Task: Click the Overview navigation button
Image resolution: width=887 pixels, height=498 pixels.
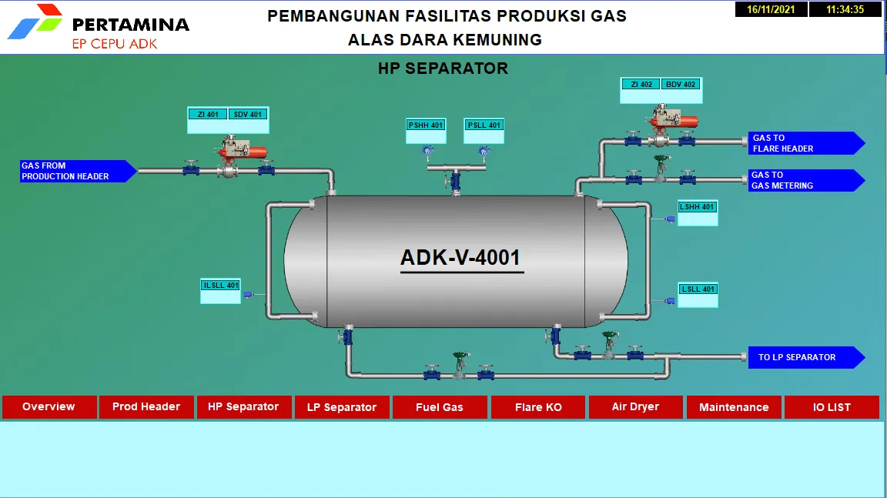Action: pyautogui.click(x=49, y=407)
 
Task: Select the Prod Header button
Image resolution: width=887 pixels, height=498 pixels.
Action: pyautogui.click(x=146, y=407)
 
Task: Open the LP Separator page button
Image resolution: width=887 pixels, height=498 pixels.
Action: pyautogui.click(x=342, y=407)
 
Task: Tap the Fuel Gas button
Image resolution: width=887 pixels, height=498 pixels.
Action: pyautogui.click(x=440, y=407)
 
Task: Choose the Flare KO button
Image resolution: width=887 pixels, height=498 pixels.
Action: pyautogui.click(x=538, y=407)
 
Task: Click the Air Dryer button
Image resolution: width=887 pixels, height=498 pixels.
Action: pyautogui.click(x=635, y=407)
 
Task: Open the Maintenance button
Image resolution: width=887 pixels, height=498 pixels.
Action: pyautogui.click(x=734, y=407)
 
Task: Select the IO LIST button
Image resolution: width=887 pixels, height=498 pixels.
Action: pyautogui.click(x=832, y=407)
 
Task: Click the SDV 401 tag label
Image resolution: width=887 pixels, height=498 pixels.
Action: pyautogui.click(x=248, y=114)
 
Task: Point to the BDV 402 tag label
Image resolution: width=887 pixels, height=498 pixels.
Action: pyautogui.click(x=681, y=84)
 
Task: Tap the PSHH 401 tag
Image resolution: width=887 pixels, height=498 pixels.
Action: pyautogui.click(x=426, y=125)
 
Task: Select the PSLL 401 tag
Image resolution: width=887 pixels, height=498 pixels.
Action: pyautogui.click(x=484, y=125)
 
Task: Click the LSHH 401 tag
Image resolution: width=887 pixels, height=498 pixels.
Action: pyautogui.click(x=697, y=207)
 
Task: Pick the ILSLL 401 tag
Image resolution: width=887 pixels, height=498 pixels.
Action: pyautogui.click(x=221, y=286)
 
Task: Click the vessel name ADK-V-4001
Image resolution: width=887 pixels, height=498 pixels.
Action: pyautogui.click(x=460, y=258)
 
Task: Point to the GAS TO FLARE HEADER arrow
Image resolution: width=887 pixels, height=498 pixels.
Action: pyautogui.click(x=807, y=143)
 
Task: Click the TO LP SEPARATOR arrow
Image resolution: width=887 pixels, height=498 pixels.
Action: pyautogui.click(x=807, y=357)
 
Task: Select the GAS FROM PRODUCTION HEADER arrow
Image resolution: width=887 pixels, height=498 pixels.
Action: pyautogui.click(x=79, y=171)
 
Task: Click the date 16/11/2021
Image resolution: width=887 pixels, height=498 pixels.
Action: pyautogui.click(x=771, y=9)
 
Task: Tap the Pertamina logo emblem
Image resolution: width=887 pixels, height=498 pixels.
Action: pyautogui.click(x=35, y=22)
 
